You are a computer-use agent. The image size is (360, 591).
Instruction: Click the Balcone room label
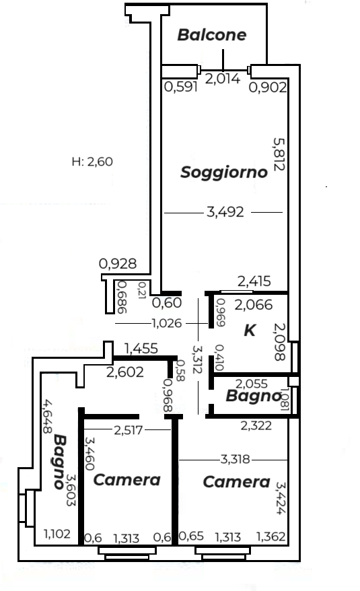tap(212, 35)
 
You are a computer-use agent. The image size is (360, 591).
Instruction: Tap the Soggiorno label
tap(224, 172)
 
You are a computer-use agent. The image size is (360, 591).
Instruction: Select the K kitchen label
tap(250, 331)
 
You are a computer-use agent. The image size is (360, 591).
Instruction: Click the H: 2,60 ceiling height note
tap(92, 162)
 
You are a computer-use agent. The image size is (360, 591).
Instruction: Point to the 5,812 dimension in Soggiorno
tap(279, 153)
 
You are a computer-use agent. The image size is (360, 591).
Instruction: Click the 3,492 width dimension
tap(225, 212)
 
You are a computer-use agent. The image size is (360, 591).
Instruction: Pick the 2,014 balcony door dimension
tap(223, 78)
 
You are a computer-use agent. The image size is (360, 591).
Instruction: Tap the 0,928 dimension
tap(118, 263)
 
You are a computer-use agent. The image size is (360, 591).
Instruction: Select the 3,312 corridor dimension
tap(196, 359)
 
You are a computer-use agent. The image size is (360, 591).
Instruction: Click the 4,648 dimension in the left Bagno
tap(47, 417)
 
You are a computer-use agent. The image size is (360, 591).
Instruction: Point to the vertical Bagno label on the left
tap(60, 462)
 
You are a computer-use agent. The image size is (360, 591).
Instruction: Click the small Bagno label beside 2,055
tap(253, 396)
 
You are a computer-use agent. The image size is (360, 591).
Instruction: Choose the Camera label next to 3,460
tap(127, 480)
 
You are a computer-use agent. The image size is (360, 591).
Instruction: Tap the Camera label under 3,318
tap(236, 482)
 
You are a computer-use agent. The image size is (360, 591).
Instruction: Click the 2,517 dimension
tap(128, 430)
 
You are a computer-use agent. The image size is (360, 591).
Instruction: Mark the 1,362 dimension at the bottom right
tap(271, 536)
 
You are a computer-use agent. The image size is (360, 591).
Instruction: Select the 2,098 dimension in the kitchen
tap(279, 341)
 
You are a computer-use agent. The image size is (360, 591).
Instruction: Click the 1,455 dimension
tap(141, 349)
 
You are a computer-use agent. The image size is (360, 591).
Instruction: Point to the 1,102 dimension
tap(57, 534)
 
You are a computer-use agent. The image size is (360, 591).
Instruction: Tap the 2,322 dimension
tap(256, 425)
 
